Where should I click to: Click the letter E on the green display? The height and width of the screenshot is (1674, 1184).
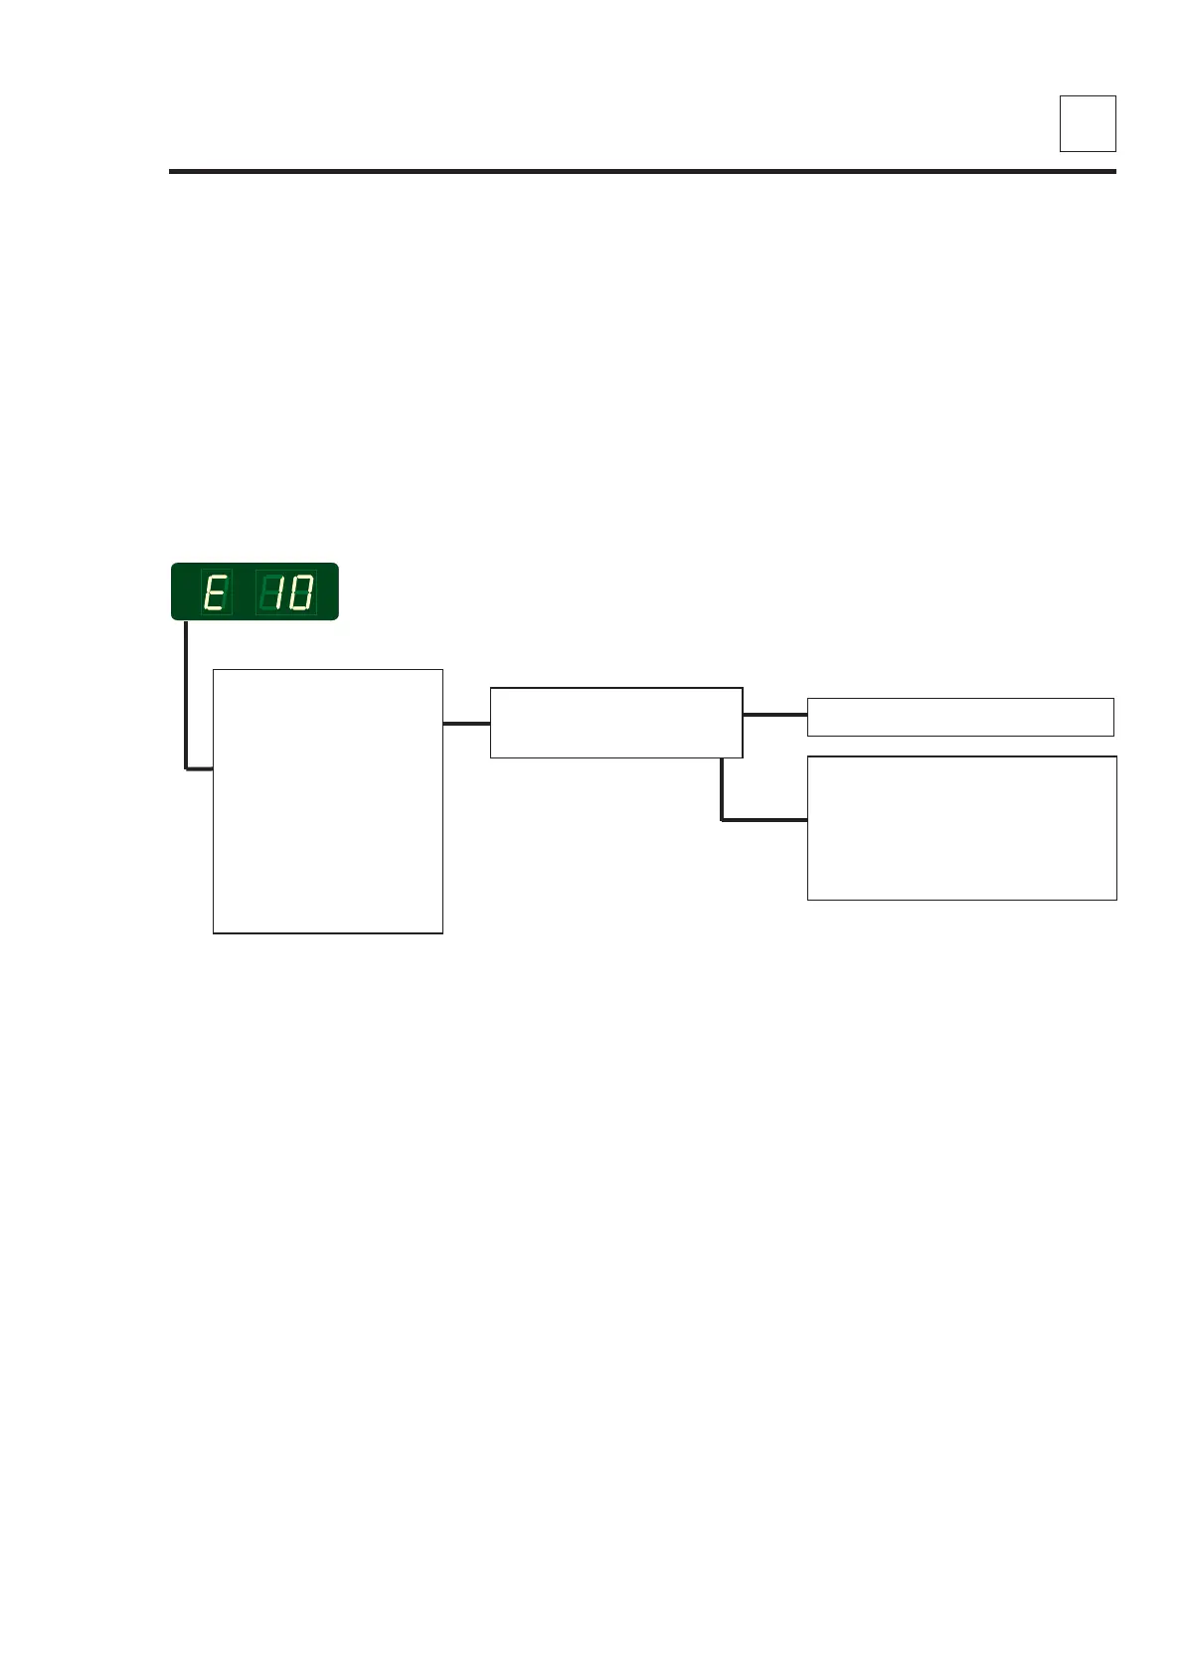(x=215, y=593)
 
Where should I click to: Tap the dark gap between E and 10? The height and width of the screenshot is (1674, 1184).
(x=244, y=593)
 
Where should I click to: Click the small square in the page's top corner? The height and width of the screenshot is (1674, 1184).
(x=1088, y=123)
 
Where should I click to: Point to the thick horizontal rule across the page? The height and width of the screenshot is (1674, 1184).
(x=642, y=172)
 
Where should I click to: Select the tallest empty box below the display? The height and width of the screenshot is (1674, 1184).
(x=328, y=801)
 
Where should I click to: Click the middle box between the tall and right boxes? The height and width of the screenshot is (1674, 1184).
(x=616, y=723)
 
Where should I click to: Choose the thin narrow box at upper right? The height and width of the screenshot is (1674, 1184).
(x=960, y=717)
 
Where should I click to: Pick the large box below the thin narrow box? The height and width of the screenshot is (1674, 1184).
(x=961, y=828)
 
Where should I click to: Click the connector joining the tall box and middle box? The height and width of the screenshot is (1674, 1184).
(x=466, y=724)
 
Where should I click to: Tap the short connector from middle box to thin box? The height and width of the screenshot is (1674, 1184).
(x=774, y=715)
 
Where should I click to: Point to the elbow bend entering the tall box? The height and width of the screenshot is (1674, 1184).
(x=187, y=767)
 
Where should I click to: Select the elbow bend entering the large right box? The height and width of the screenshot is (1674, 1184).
(x=723, y=819)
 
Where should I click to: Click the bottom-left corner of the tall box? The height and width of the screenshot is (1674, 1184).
(x=214, y=932)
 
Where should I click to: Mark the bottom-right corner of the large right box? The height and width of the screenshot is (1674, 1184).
(x=1115, y=899)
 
